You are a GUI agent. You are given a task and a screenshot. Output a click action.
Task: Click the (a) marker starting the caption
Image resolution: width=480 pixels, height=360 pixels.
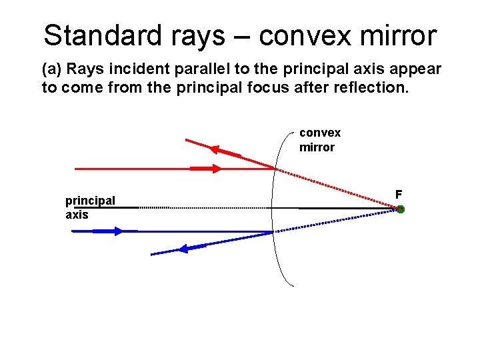pyautogui.click(x=51, y=70)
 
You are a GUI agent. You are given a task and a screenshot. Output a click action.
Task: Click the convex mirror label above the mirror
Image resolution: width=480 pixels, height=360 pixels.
pyautogui.click(x=319, y=140)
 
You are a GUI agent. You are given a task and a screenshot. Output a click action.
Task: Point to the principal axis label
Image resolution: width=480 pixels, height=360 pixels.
pyautogui.click(x=89, y=207)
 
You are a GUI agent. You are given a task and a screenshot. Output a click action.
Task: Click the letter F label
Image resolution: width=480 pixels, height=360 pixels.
pyautogui.click(x=399, y=195)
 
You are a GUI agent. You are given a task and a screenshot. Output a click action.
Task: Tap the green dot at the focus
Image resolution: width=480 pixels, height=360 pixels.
pyautogui.click(x=400, y=209)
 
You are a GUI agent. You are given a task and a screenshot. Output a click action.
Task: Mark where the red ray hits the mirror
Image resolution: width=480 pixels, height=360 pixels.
pyautogui.click(x=275, y=169)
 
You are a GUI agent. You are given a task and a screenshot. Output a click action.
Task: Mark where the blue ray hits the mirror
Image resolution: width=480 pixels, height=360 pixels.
pyautogui.click(x=273, y=231)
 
